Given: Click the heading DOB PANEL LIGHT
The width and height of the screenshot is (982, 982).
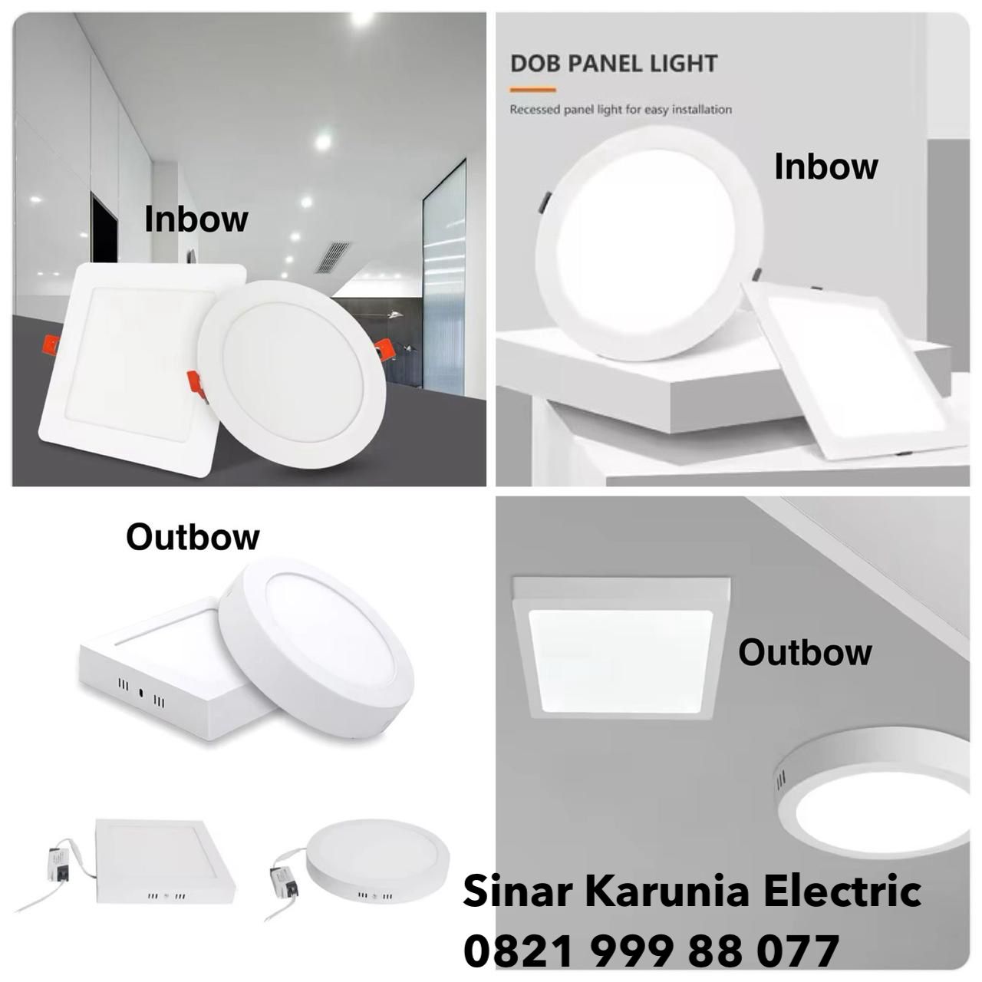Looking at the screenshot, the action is [614, 64].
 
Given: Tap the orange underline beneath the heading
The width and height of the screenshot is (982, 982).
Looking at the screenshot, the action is [532, 90].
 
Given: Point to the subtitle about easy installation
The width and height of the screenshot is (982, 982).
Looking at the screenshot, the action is [621, 110].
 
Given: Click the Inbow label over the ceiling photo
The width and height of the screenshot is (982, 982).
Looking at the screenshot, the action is [196, 219].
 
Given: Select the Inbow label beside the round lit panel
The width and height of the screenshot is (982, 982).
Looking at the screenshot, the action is [826, 166].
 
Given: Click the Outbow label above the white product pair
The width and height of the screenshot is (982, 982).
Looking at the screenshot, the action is [193, 537].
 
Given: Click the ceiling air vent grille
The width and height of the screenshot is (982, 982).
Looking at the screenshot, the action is [334, 256].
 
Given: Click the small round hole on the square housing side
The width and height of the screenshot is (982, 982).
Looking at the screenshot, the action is [141, 693].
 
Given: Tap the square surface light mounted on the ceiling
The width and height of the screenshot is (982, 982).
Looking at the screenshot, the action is [621, 647].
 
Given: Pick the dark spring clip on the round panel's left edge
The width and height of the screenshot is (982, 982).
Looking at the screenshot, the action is [542, 201].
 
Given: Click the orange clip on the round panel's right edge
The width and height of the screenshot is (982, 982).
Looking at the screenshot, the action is [380, 352].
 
